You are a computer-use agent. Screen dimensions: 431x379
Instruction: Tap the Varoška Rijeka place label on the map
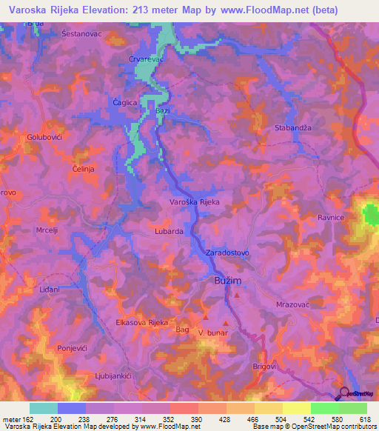pos(195,201)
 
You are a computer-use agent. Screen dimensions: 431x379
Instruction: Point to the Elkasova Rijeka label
pos(143,323)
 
